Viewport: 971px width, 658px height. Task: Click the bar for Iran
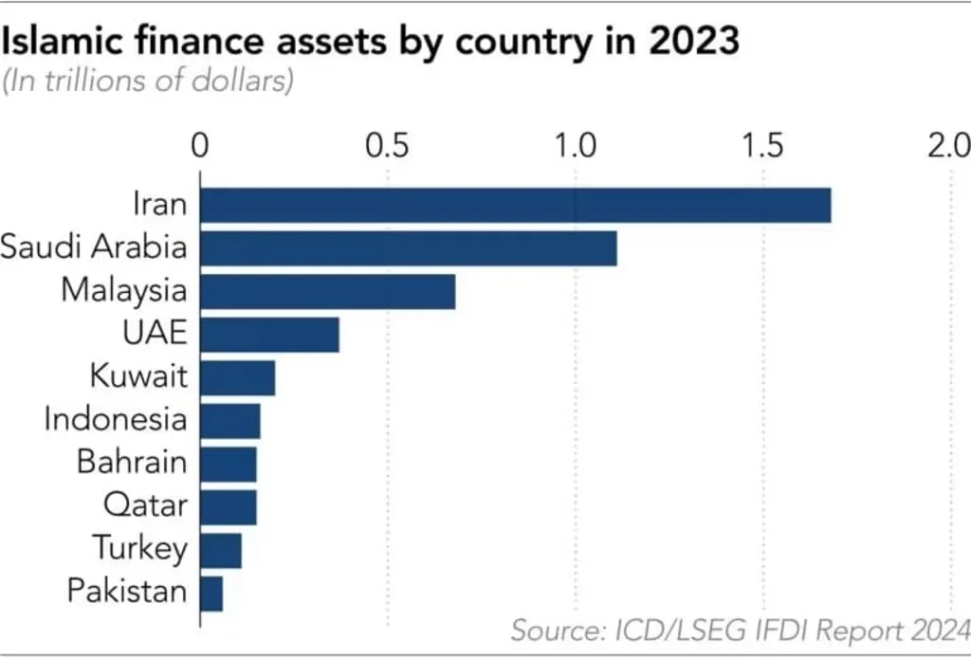click(x=515, y=206)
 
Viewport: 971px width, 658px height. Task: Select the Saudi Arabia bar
click(x=408, y=248)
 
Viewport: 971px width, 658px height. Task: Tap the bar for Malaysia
click(x=327, y=291)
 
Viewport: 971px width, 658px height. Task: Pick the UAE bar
click(x=269, y=335)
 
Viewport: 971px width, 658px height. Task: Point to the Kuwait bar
click(x=237, y=378)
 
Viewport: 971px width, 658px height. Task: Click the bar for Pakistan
click(x=211, y=594)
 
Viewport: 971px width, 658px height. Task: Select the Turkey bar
click(x=221, y=550)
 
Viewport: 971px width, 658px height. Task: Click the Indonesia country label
click(x=116, y=419)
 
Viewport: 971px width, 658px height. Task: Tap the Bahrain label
click(x=131, y=463)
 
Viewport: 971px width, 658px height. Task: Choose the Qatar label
click(x=145, y=505)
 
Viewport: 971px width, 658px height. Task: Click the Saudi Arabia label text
click(x=93, y=247)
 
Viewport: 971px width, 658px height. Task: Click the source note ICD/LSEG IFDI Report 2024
click(x=739, y=629)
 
